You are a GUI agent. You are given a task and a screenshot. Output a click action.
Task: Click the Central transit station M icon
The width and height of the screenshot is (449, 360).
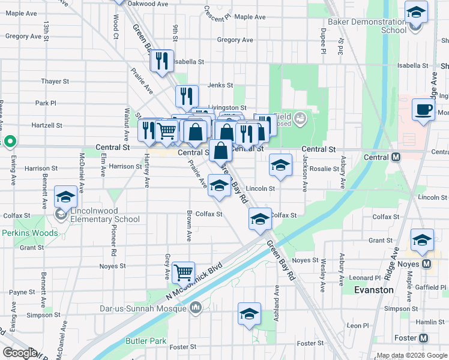point(396,157)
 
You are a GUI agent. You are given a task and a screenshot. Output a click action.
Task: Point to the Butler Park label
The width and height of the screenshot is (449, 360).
point(146,341)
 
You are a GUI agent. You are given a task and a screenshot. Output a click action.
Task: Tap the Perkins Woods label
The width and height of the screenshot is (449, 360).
point(29,233)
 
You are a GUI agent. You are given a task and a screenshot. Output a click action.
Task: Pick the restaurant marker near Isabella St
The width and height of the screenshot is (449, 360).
point(161,61)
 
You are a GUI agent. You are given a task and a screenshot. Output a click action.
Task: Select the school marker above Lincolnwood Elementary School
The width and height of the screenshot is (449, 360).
point(65,197)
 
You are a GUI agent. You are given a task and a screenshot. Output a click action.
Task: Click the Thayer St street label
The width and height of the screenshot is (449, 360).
point(55,81)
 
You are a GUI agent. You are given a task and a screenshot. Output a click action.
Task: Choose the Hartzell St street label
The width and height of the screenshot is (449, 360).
point(48,125)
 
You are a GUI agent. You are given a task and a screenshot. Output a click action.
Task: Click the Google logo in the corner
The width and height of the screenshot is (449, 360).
point(19,353)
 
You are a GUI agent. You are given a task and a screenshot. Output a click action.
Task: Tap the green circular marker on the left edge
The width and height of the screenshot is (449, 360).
point(10,142)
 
